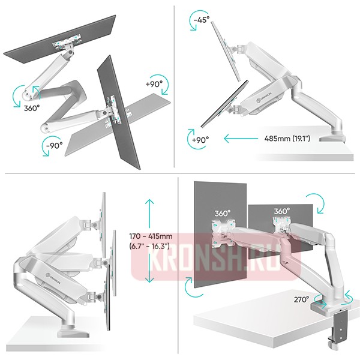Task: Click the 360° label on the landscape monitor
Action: tap(282, 212)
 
